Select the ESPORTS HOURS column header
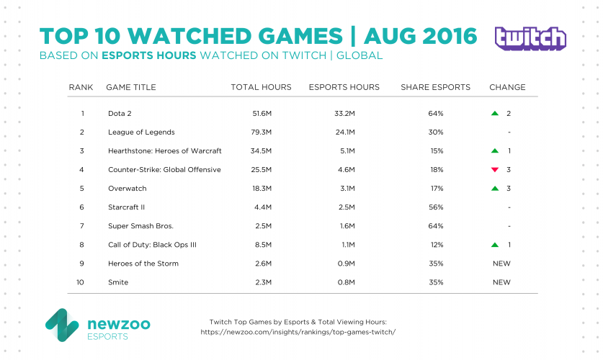coord(344,87)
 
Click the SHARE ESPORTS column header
coord(435,87)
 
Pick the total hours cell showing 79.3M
coord(261,132)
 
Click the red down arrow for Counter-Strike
coord(494,170)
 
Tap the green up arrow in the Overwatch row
coord(494,189)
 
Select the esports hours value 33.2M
coord(344,114)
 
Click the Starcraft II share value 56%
coord(435,207)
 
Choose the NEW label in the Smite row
coord(501,282)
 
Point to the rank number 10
coord(81,282)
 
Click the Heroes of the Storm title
coord(143,264)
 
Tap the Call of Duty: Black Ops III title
coord(151,245)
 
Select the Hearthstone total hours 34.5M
coord(261,151)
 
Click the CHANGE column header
coord(507,87)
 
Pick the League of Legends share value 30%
coord(435,132)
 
